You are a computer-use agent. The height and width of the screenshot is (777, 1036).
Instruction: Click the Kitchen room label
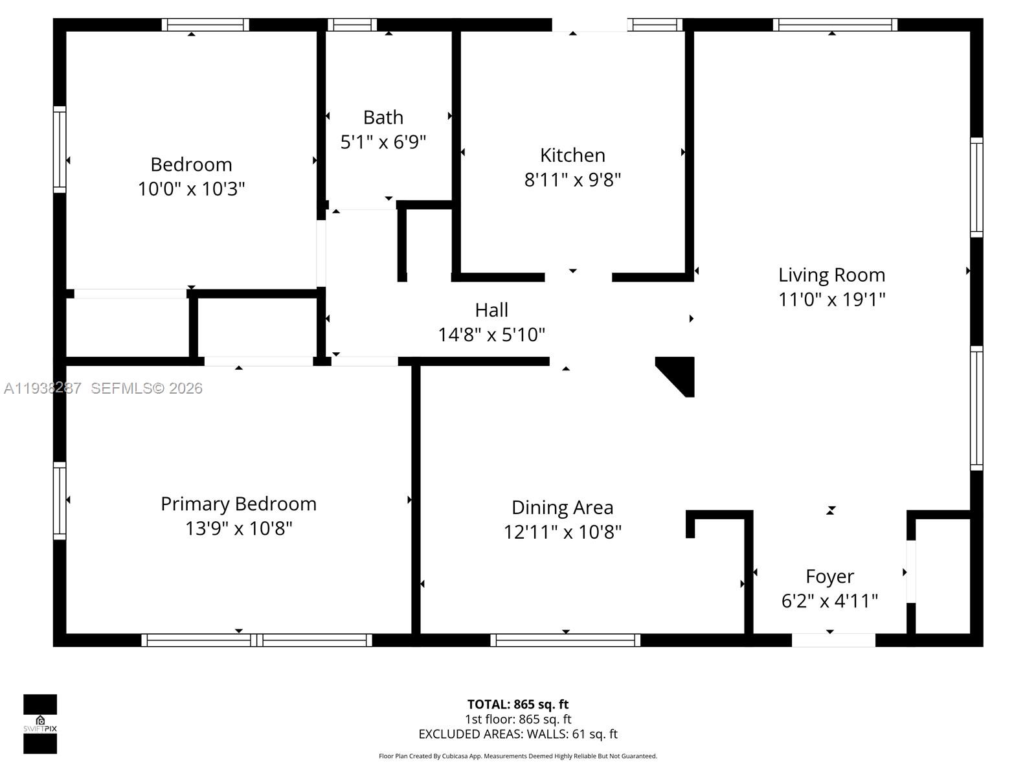(x=572, y=155)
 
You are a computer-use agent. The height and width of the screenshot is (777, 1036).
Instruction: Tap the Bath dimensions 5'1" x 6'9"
(x=383, y=142)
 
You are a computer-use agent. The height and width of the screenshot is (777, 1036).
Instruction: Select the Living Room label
(x=831, y=275)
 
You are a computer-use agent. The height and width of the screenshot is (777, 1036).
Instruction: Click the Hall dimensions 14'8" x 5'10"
(x=491, y=335)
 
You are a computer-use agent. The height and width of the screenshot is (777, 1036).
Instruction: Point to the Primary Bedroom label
(x=238, y=504)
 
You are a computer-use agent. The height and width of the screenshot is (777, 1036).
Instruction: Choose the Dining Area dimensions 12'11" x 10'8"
(x=562, y=532)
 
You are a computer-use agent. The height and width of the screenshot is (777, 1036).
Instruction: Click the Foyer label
(x=829, y=576)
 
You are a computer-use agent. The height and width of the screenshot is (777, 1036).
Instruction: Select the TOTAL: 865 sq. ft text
(x=518, y=704)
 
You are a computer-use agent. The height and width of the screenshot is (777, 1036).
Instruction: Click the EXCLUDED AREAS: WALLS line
(x=518, y=734)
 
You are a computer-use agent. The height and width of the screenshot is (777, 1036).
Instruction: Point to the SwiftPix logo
(x=40, y=724)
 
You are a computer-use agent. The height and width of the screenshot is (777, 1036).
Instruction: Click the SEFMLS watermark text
(x=146, y=388)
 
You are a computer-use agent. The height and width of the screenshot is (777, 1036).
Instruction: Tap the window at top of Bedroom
(x=205, y=25)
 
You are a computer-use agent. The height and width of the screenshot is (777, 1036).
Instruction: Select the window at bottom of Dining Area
(x=565, y=640)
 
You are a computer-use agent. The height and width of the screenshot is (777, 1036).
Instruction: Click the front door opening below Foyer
(x=833, y=640)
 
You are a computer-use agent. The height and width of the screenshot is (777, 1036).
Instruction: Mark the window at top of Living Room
(x=835, y=25)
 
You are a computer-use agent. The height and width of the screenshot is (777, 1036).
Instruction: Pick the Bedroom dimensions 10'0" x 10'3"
(x=191, y=189)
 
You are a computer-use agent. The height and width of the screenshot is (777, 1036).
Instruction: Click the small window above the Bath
(x=352, y=25)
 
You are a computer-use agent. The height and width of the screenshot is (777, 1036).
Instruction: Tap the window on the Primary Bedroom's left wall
(x=60, y=501)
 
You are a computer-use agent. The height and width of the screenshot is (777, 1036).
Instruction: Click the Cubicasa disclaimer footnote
(x=518, y=756)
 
